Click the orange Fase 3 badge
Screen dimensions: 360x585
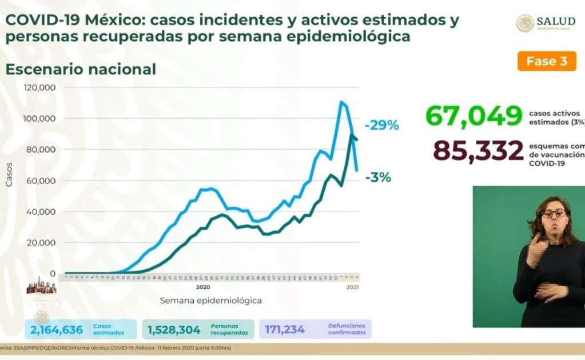(x=547, y=62)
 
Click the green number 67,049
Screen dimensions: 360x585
(x=474, y=116)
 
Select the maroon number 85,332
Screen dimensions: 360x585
(x=478, y=151)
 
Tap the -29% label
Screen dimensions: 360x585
(x=381, y=125)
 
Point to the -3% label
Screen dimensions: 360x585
(x=378, y=178)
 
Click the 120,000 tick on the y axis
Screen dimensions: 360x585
(x=39, y=88)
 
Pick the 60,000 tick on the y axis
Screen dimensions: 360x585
(x=42, y=181)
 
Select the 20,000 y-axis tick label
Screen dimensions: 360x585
(x=42, y=243)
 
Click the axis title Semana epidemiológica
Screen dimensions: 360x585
(x=211, y=300)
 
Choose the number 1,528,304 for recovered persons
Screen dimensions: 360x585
(x=174, y=330)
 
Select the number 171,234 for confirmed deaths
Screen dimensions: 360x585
(x=285, y=330)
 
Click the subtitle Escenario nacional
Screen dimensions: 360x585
(x=81, y=70)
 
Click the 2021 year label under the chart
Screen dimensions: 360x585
(x=353, y=287)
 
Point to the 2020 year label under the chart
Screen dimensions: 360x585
(x=204, y=287)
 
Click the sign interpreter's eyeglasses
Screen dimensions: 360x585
(x=554, y=214)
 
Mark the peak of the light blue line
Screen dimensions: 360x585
(x=341, y=102)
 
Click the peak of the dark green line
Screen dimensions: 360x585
(x=351, y=135)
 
